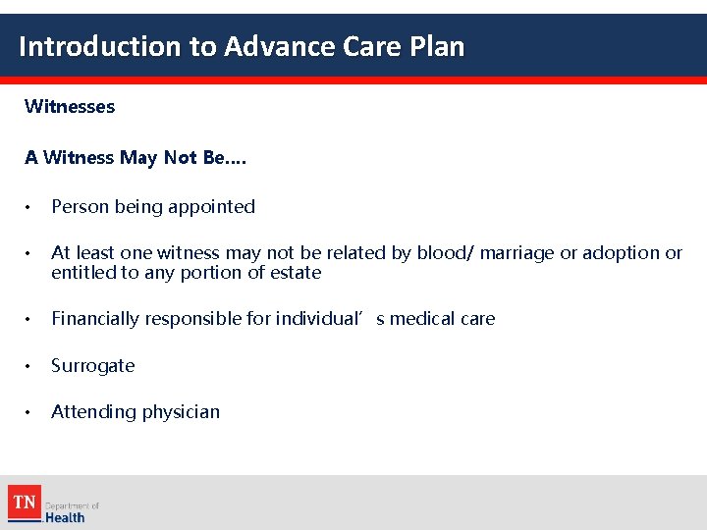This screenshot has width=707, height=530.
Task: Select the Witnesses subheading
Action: pyautogui.click(x=70, y=106)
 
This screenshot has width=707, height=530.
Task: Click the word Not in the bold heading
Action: pyautogui.click(x=182, y=157)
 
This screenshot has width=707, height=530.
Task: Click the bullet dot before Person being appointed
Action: pyautogui.click(x=31, y=207)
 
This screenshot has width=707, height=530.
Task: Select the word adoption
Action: pyautogui.click(x=619, y=253)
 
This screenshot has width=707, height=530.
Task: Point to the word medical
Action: pyautogui.click(x=427, y=319)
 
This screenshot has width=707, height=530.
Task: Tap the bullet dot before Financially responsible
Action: pyautogui.click(x=31, y=319)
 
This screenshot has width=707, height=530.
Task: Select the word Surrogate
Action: pyautogui.click(x=93, y=366)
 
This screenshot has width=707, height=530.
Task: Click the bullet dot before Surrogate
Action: pyautogui.click(x=31, y=366)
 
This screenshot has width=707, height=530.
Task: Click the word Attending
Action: pyautogui.click(x=91, y=412)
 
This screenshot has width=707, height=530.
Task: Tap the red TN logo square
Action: pyautogui.click(x=25, y=503)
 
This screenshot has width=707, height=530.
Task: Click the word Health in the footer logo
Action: pyautogui.click(x=66, y=517)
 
